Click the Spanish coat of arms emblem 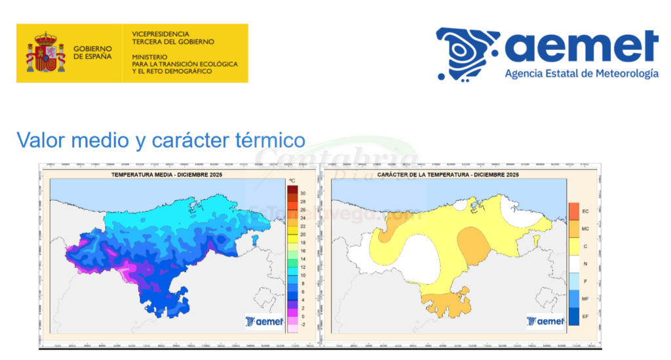(x=45, y=53)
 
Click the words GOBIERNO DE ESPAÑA (x=92, y=53)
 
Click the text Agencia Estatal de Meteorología (x=581, y=74)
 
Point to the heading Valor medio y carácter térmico (x=161, y=140)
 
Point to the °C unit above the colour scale (x=292, y=180)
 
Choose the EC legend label (x=586, y=211)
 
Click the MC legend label (x=586, y=229)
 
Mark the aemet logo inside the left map (x=263, y=321)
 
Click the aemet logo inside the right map (x=545, y=321)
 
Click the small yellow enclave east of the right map (x=537, y=240)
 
